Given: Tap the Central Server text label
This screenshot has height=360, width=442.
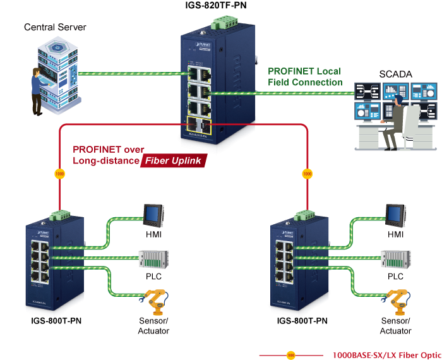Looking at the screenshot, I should (x=55, y=27).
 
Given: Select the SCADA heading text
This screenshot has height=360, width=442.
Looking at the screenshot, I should (x=395, y=75).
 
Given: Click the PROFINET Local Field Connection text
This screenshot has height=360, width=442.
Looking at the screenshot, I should (x=305, y=76).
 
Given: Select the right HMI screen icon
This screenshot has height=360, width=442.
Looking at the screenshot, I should (x=395, y=215).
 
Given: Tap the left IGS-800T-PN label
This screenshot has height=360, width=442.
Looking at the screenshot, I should (x=56, y=321).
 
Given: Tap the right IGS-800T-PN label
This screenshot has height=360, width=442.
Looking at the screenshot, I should (x=302, y=321).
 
